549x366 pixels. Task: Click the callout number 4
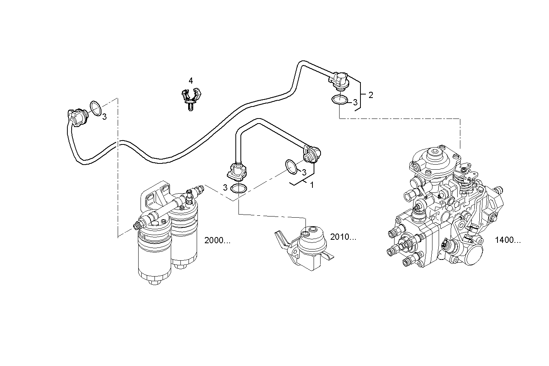click(x=190, y=81)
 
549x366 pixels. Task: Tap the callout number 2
click(x=371, y=95)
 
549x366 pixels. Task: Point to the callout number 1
click(x=312, y=186)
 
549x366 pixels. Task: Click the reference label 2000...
click(x=217, y=241)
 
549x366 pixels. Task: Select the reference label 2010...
click(x=343, y=237)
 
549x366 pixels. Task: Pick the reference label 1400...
click(x=508, y=240)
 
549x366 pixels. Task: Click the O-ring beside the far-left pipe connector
click(x=96, y=108)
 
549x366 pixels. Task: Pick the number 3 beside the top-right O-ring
click(x=355, y=103)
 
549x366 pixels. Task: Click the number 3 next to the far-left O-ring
click(x=105, y=117)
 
